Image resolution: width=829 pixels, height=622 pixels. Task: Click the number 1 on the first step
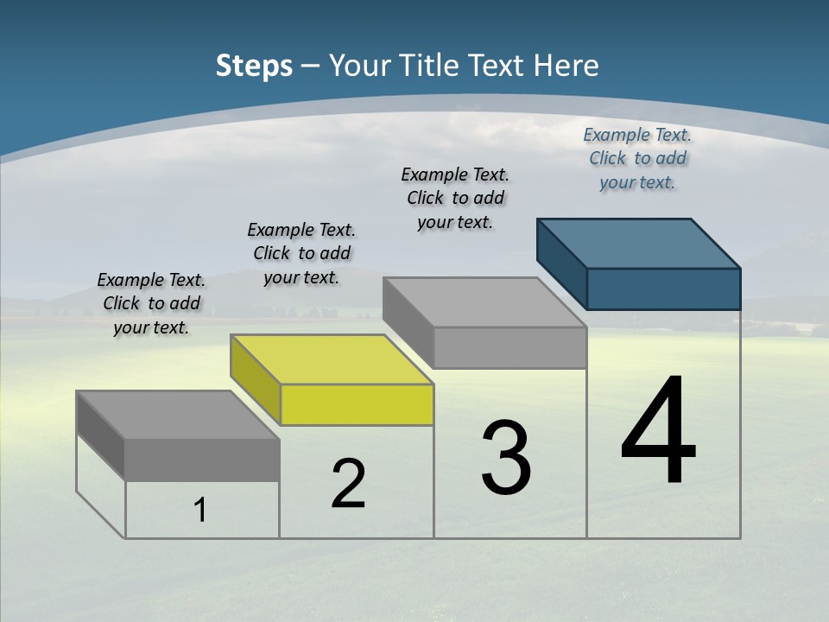click(200, 511)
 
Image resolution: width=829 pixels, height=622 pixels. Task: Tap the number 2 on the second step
click(348, 484)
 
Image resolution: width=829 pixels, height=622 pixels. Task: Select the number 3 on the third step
click(506, 459)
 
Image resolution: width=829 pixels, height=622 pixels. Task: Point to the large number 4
click(659, 432)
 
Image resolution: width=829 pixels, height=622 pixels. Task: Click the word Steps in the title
click(254, 66)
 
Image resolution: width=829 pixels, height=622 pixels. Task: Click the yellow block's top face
click(332, 359)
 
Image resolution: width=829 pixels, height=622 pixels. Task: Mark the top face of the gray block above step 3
click(484, 302)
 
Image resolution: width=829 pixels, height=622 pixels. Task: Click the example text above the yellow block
click(301, 253)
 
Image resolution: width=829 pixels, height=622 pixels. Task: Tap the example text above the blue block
click(637, 158)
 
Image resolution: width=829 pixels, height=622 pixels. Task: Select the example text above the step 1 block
click(151, 303)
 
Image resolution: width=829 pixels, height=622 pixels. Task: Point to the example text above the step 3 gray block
click(455, 198)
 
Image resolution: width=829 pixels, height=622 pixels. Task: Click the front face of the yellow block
click(357, 405)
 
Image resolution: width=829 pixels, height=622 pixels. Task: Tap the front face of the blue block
click(663, 289)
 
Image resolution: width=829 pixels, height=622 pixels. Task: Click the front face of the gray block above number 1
click(202, 460)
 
